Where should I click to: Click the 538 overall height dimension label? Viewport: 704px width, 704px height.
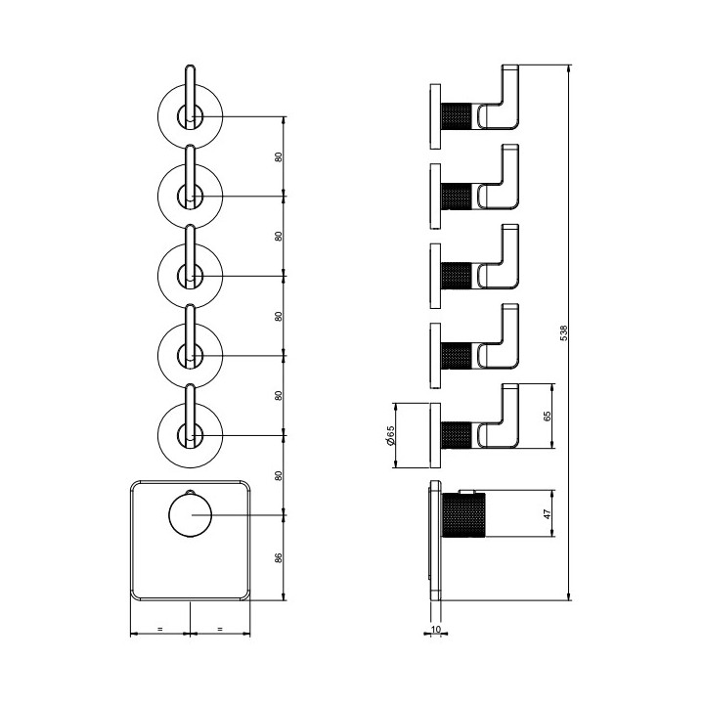point(564,333)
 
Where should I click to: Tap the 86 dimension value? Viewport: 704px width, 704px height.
point(279,557)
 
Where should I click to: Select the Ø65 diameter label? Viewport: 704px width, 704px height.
point(390,435)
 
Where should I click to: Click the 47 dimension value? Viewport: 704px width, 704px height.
point(547,513)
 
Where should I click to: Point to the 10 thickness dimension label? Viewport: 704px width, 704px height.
point(435,630)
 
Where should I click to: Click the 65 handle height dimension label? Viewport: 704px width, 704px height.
point(547,416)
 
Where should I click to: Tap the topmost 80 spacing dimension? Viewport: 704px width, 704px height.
point(279,157)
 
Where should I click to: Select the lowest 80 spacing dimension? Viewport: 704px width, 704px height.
point(279,475)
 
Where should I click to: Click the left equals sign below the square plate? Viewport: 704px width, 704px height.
point(159,629)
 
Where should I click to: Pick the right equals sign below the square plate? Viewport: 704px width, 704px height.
point(220,629)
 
